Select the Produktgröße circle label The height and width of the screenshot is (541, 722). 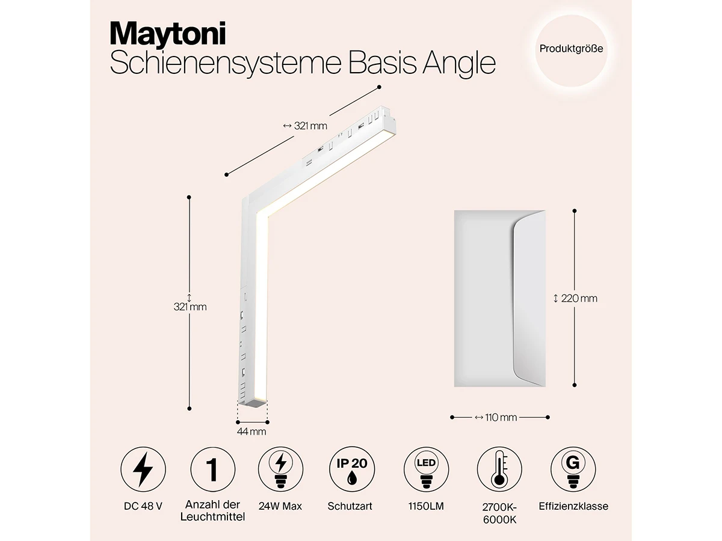[571, 49]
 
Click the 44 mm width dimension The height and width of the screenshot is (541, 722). [251, 431]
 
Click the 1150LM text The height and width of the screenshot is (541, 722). [426, 506]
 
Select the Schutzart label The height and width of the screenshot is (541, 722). [350, 506]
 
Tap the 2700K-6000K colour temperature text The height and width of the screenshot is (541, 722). [499, 512]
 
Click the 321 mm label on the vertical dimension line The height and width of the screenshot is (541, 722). [190, 307]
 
